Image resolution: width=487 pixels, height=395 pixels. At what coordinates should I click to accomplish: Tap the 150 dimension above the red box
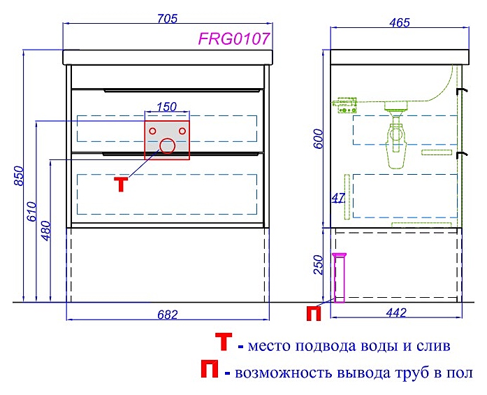point(166,107)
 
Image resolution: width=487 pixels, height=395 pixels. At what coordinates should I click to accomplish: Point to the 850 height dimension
point(18,178)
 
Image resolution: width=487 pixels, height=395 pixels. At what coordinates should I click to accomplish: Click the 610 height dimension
point(31,210)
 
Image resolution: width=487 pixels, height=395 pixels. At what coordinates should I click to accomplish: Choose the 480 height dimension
point(46,229)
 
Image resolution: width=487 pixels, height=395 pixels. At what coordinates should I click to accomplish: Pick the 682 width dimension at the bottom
point(167,314)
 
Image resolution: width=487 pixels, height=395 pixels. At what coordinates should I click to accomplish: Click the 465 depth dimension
point(398,22)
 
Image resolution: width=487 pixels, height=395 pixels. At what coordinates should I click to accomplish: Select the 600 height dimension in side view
point(319,143)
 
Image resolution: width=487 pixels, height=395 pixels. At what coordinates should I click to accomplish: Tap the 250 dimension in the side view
point(319,265)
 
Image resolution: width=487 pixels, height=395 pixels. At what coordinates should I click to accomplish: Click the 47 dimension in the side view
point(337,198)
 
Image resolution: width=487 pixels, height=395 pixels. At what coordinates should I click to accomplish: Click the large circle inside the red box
point(168,145)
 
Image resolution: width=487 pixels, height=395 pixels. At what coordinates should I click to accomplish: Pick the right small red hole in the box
point(182,130)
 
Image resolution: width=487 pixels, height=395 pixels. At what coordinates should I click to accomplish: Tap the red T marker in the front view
point(121,184)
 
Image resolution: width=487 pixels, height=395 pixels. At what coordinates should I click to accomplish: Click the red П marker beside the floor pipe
point(314,314)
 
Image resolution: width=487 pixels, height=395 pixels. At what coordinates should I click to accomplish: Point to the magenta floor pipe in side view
point(340,277)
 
